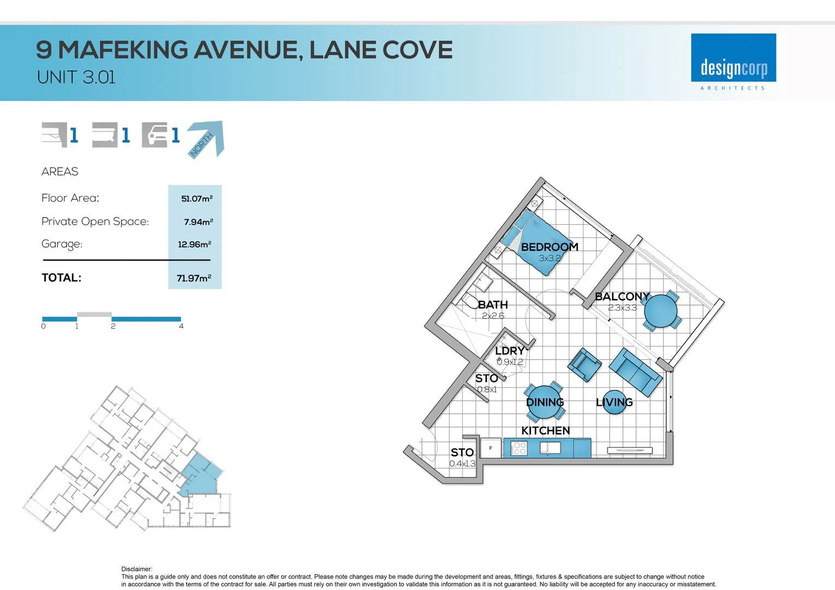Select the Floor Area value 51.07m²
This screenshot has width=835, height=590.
[x=196, y=198]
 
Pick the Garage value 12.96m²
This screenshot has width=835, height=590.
[x=194, y=244]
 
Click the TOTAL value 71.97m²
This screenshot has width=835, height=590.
[x=194, y=278]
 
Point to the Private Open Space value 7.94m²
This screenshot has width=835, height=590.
[x=198, y=222]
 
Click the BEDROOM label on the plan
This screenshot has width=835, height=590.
[x=549, y=247]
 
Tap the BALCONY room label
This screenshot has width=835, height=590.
[x=622, y=297]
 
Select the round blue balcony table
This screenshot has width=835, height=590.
[x=661, y=311]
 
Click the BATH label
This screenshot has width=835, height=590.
[x=493, y=305]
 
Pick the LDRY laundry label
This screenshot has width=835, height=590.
[x=510, y=351]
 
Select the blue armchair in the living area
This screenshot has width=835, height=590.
[x=585, y=365]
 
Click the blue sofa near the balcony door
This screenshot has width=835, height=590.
[x=635, y=372]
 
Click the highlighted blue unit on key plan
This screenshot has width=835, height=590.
[x=201, y=474]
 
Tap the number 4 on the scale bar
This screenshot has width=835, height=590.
[x=181, y=326]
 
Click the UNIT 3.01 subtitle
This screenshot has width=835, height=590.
[x=76, y=78]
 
